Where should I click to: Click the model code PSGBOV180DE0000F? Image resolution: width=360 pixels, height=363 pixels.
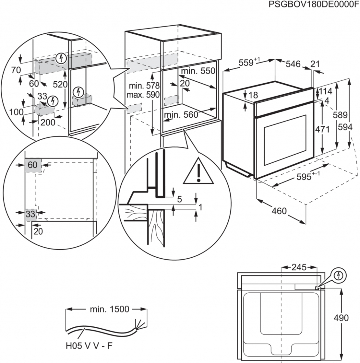[x=314, y=5]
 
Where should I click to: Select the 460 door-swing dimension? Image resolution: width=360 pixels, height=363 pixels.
[x=279, y=211]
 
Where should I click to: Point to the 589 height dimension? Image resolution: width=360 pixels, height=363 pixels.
[x=340, y=115]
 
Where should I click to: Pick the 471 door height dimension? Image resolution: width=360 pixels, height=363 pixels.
[x=322, y=129]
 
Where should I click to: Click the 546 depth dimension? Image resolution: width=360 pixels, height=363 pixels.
[x=293, y=64]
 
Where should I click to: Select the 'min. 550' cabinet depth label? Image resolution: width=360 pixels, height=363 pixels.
[x=198, y=71]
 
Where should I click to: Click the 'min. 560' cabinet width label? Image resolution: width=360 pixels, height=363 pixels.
[x=181, y=114]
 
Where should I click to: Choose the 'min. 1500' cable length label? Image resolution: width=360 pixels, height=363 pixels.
[x=109, y=309]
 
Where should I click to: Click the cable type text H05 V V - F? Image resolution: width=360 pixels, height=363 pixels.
[x=89, y=346]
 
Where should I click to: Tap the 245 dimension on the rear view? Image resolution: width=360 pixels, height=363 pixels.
[x=299, y=267]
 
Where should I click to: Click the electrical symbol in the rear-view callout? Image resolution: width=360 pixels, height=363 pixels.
[x=339, y=275]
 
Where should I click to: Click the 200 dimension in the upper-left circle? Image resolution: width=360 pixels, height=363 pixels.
[x=48, y=122]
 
